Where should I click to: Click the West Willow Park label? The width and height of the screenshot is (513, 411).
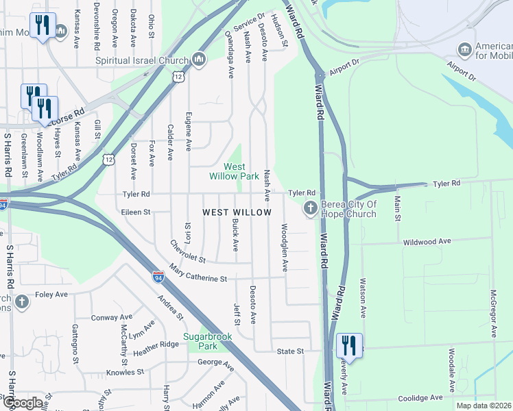pos(234,171)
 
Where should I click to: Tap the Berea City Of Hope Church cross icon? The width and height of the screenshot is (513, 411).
pos(310,208)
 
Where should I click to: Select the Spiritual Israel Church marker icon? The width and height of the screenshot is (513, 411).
pos(199,60)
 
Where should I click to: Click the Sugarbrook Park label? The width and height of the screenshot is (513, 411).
pos(208,341)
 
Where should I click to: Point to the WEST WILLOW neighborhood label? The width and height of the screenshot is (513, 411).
pos(237,213)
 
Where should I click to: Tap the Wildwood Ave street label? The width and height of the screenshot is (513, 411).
pos(427,242)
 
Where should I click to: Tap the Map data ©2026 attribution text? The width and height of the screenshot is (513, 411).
pos(483,406)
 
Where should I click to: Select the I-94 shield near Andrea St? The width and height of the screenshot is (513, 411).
pos(158,277)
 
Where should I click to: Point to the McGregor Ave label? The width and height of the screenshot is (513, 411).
pos(492,312)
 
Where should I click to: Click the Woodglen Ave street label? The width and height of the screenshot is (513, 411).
pos(285,247)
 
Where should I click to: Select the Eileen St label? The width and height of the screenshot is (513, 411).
pos(136,212)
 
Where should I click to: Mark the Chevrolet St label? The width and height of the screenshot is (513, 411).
pos(188,251)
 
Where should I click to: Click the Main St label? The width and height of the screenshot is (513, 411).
pos(397,209)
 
